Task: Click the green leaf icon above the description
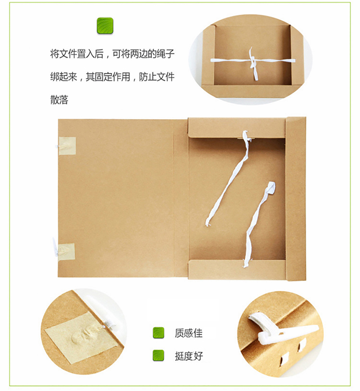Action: [105, 25]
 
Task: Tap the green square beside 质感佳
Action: [158, 333]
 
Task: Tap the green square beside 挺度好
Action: [158, 355]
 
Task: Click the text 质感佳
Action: [189, 333]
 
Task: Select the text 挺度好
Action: [189, 356]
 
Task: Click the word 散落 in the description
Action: [60, 100]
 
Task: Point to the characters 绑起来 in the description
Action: [64, 77]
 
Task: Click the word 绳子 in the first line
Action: [166, 54]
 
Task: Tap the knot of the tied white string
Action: [252, 61]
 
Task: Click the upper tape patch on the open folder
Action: [67, 146]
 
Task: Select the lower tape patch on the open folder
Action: [66, 252]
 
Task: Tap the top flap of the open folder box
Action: [237, 127]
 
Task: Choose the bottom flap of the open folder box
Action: [237, 269]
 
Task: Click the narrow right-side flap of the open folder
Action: [296, 199]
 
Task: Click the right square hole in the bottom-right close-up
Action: [302, 345]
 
